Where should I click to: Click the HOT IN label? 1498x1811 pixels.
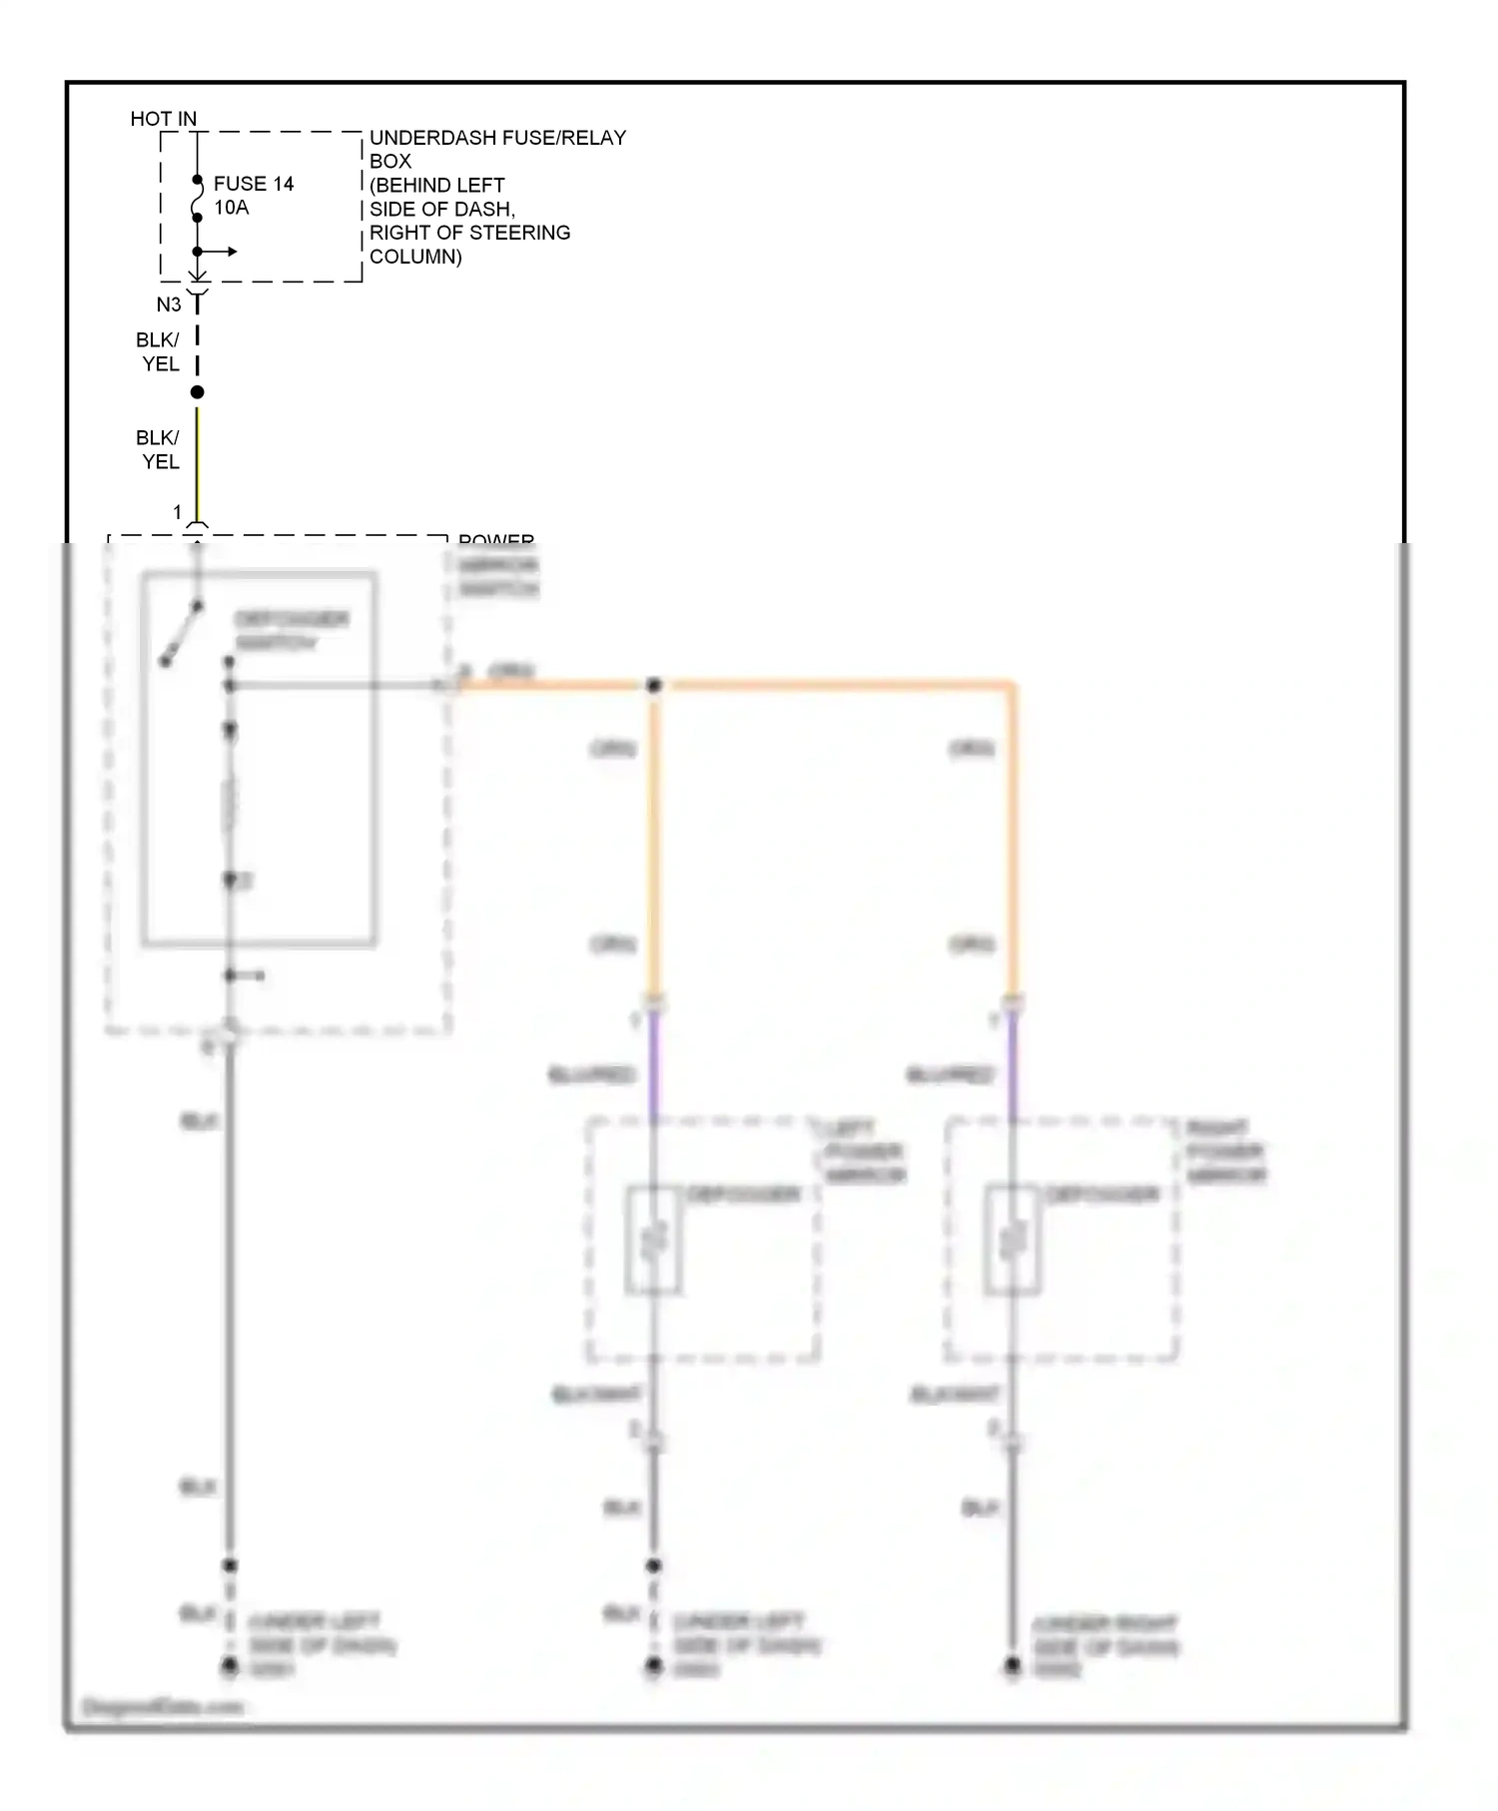tap(164, 119)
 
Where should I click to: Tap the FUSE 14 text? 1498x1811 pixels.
tap(254, 184)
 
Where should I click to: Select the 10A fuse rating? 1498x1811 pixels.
tap(232, 208)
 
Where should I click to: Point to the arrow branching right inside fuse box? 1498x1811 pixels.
tap(221, 252)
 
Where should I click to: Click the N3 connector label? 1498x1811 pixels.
tap(169, 304)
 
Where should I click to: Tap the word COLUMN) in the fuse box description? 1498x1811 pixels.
tap(415, 257)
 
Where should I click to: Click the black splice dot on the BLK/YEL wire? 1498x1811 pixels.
tap(198, 392)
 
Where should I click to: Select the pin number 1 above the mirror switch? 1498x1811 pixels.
tap(178, 512)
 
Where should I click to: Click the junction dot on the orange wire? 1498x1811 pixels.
tap(654, 686)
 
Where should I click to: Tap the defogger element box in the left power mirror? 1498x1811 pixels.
tap(654, 1241)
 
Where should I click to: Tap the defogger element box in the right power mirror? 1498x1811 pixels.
tap(1013, 1241)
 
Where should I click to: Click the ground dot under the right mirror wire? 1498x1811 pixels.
tap(1013, 1665)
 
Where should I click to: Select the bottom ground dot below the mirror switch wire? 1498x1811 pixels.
tap(230, 1665)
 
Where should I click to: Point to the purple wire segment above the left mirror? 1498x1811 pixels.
tap(654, 1063)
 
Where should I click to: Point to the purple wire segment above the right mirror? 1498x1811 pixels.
tap(1013, 1063)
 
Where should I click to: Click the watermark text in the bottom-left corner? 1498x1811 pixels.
tap(163, 1707)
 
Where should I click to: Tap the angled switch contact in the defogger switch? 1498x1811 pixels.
tap(183, 634)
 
